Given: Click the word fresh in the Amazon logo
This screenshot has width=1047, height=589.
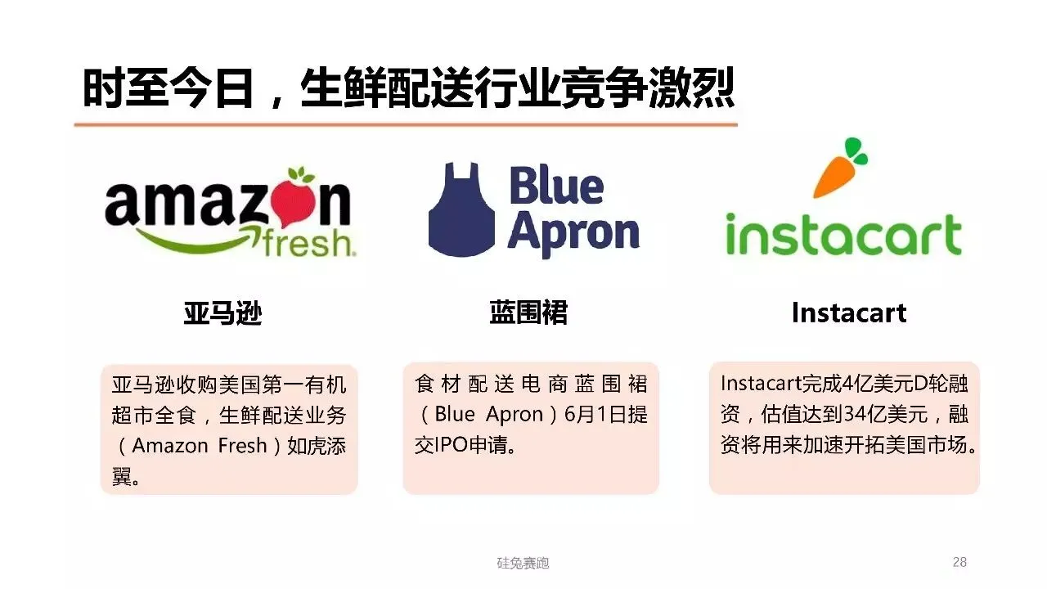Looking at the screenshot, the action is [x=308, y=242].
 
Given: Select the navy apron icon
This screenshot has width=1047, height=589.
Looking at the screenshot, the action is [x=461, y=210].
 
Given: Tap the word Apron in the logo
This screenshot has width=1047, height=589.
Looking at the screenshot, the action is [x=573, y=232].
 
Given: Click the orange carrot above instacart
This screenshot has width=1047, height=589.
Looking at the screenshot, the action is [x=838, y=168].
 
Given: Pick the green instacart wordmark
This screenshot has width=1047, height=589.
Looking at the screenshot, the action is [x=843, y=235].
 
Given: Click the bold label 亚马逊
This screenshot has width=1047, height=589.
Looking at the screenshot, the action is [x=222, y=313].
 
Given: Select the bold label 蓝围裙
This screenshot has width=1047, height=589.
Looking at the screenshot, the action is [x=528, y=312].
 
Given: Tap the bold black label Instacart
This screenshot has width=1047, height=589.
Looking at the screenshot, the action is [x=849, y=312].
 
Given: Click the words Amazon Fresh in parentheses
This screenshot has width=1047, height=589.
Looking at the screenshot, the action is [x=200, y=446].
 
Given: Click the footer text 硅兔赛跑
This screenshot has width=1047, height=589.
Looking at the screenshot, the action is [x=523, y=563].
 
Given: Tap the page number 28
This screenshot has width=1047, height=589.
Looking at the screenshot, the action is [x=959, y=562].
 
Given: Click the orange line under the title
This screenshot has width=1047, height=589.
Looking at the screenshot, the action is [x=406, y=124].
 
